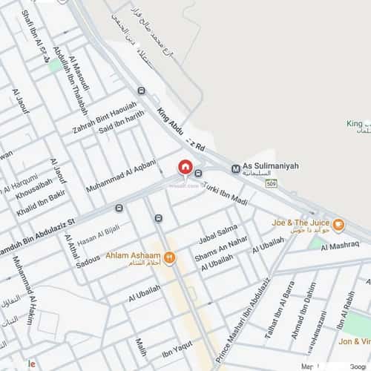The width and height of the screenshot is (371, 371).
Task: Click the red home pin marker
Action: click(x=185, y=168)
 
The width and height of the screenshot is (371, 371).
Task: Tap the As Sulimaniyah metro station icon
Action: click(x=235, y=168)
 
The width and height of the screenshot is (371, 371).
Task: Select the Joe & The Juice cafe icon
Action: click(x=338, y=225)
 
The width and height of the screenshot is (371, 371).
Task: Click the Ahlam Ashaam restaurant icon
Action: click(x=170, y=257)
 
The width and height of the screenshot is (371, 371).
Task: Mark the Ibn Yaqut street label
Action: click(x=177, y=348)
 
